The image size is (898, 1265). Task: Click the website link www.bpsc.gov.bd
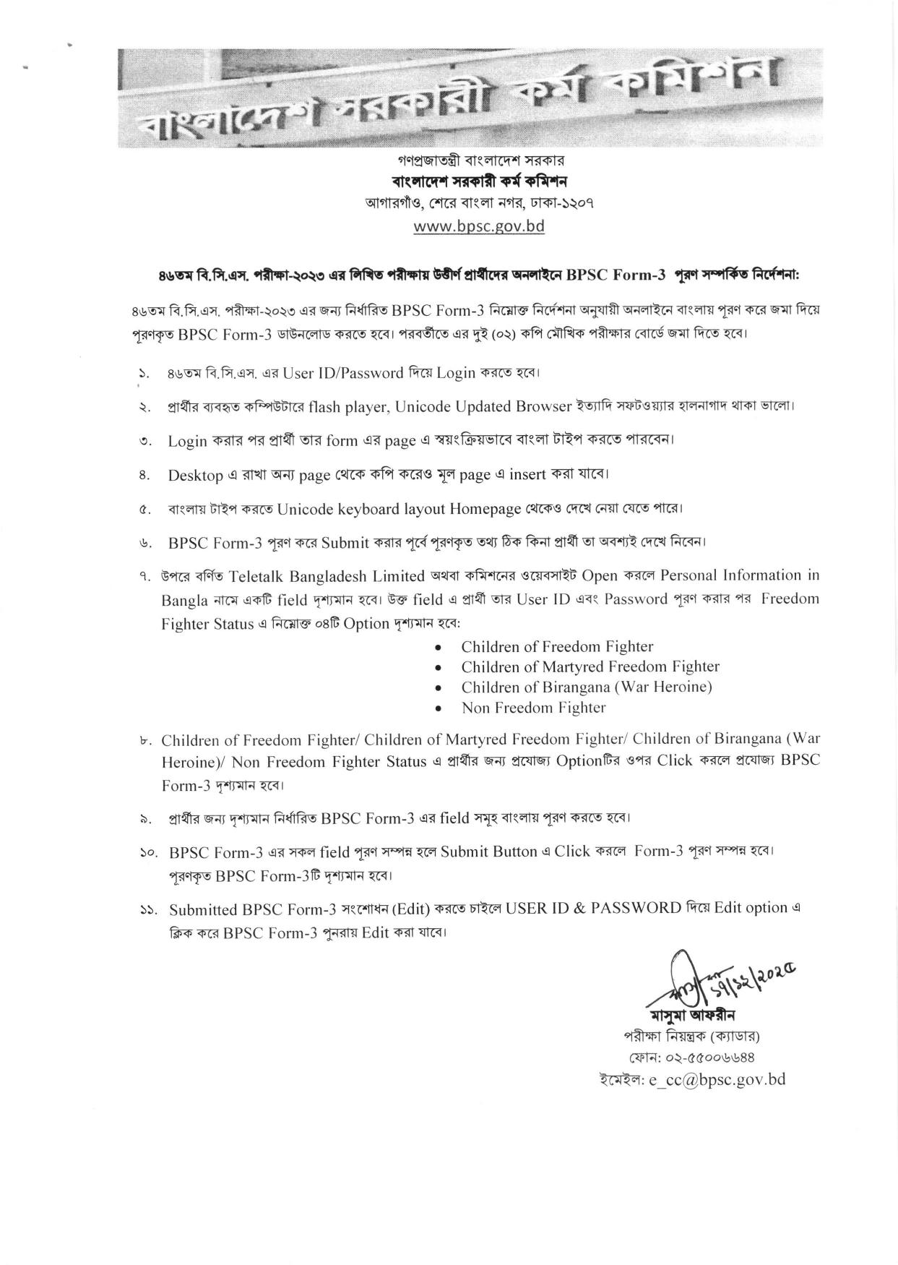click(478, 226)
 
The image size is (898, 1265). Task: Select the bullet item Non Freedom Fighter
click(533, 708)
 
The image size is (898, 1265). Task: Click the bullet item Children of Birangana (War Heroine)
click(586, 687)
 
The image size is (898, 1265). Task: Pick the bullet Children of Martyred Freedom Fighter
click(590, 666)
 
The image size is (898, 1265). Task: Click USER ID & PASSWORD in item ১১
click(593, 909)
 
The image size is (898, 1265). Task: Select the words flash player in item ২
click(350, 406)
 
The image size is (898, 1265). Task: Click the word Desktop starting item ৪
click(195, 475)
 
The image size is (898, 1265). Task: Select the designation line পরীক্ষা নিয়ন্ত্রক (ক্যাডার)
click(691, 1036)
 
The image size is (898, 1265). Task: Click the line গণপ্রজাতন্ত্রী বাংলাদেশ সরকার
click(478, 159)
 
